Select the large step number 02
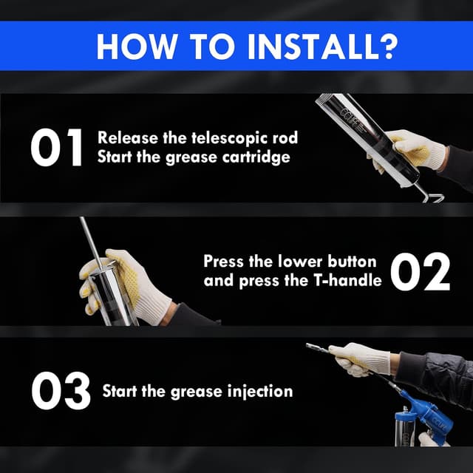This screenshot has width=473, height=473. (419, 270)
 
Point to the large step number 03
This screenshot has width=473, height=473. (60, 390)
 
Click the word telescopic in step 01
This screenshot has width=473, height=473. (208, 137)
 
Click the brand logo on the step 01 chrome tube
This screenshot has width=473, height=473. (350, 119)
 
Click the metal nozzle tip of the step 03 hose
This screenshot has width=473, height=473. (313, 346)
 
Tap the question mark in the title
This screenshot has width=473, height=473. (385, 46)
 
